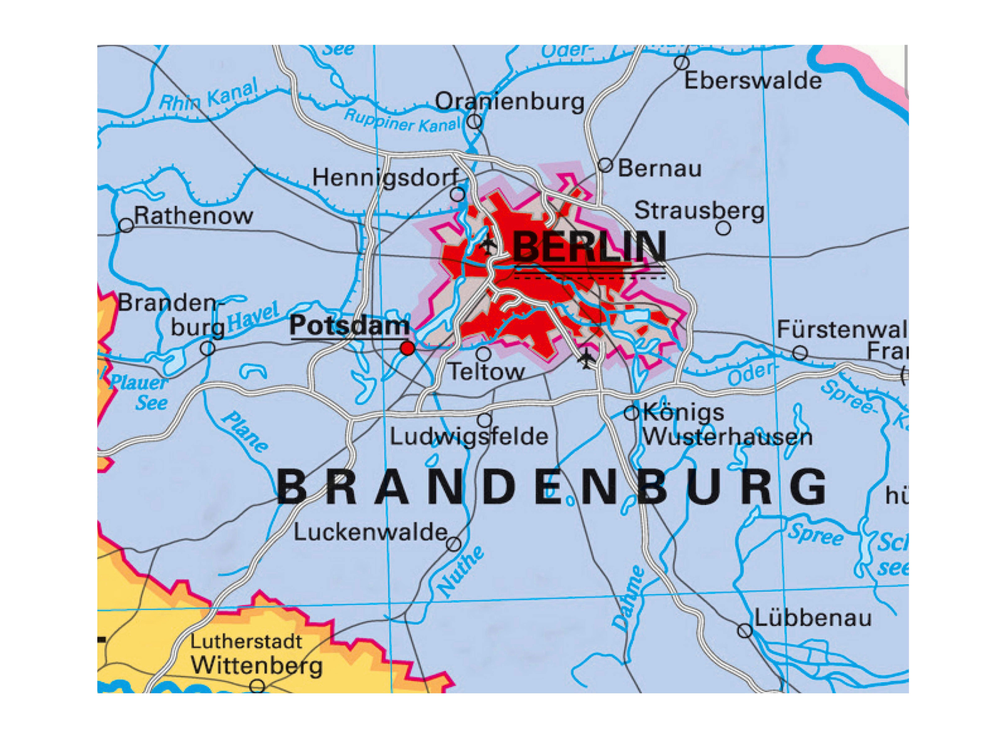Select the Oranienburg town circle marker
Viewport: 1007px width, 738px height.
click(475, 121)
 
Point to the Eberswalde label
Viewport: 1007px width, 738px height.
click(753, 81)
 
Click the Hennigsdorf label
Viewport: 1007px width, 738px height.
click(385, 178)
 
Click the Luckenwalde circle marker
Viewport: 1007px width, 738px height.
click(454, 544)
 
